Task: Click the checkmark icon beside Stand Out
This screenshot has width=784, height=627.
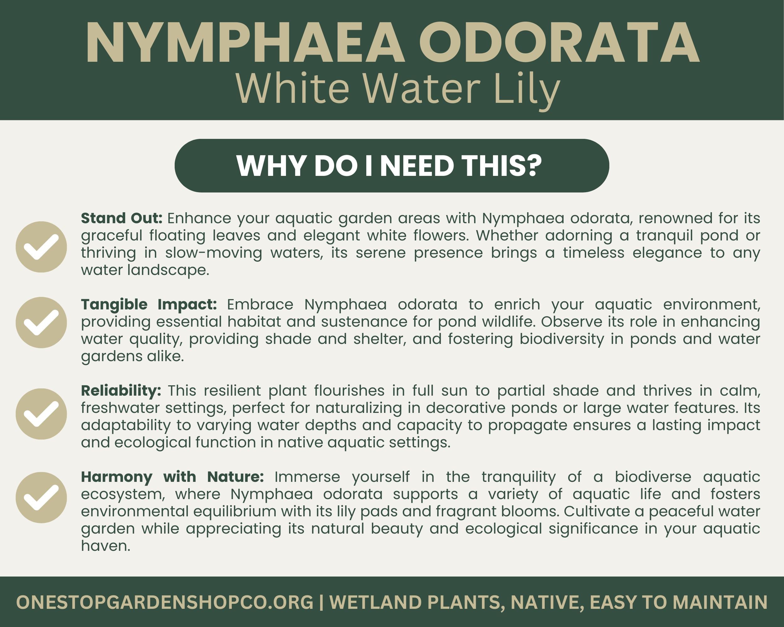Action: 41,247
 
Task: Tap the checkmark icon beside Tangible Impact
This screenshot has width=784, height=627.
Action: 41,322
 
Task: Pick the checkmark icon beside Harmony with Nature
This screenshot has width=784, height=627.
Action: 41,497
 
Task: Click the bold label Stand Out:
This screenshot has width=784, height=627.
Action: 121,218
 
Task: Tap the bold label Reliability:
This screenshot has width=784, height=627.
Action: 121,391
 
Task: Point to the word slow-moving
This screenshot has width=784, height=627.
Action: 214,253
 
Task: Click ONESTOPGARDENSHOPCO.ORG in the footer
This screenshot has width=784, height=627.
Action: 165,602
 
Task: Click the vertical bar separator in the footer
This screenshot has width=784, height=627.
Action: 321,602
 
